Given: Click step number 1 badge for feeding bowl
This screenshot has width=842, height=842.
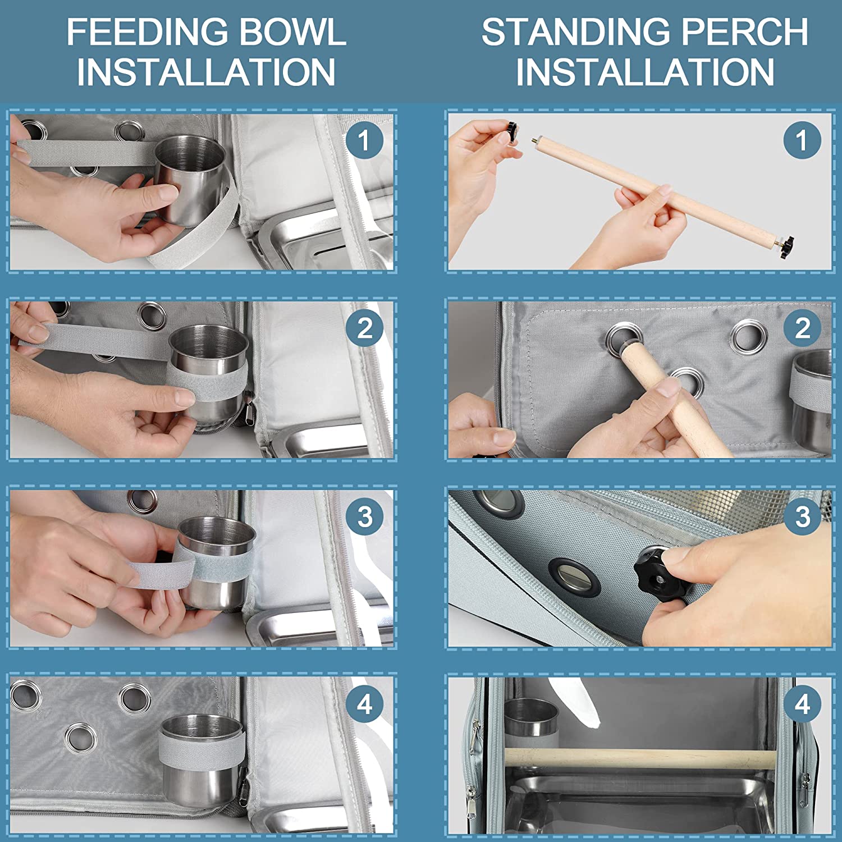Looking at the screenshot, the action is (364, 140).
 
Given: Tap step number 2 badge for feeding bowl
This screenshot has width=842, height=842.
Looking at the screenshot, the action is (364, 328).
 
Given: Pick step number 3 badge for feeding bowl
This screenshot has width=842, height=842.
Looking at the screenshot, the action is (364, 516).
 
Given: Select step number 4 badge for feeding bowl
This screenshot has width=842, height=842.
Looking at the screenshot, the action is (364, 704).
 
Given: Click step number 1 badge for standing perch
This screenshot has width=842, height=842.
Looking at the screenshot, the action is (802, 140).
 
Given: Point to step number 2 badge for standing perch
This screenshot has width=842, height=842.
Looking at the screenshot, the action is (802, 328).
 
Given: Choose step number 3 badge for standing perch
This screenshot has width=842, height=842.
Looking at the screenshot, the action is (802, 516).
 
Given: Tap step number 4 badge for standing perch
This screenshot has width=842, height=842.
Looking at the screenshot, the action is (802, 704).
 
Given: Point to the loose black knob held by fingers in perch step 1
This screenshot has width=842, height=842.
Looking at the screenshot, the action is (513, 132).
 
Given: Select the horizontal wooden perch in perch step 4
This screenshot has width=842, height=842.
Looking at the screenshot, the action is (639, 758).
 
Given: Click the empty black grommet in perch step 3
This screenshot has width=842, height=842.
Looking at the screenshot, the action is (574, 577).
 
